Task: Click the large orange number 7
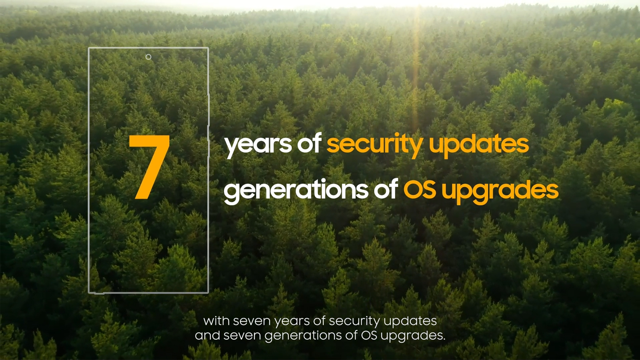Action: [x=150, y=167]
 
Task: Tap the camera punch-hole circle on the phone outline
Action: [x=148, y=57]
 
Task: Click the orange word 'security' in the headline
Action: [x=375, y=145]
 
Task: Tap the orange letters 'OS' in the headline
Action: [x=420, y=189]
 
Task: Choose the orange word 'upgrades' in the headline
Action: [x=500, y=191]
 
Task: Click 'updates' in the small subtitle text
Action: [x=410, y=322]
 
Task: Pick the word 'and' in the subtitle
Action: [x=208, y=335]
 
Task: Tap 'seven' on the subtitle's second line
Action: [x=242, y=336]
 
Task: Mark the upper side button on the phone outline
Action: [x=209, y=110]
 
